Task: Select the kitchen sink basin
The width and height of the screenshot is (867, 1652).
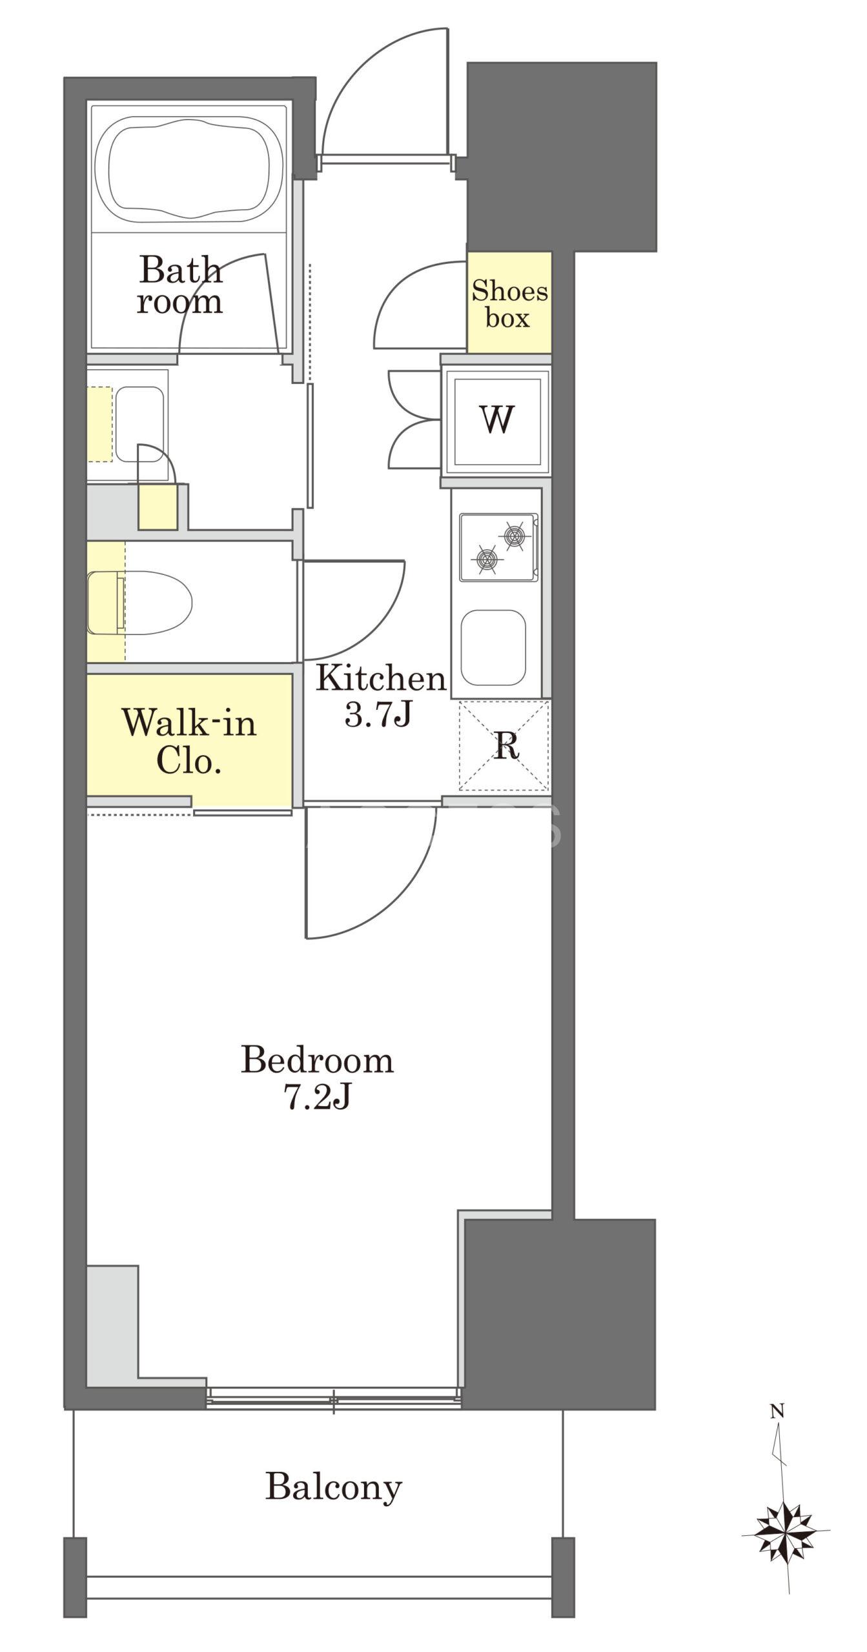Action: (494, 647)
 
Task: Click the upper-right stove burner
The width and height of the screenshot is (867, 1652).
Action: (514, 535)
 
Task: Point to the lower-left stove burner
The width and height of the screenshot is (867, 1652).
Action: (488, 559)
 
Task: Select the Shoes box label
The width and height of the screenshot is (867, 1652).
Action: (509, 304)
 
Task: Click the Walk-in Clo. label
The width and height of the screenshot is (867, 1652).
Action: (190, 741)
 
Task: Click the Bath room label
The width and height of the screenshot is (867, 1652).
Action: (180, 285)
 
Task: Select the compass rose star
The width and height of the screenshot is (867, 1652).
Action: (786, 1531)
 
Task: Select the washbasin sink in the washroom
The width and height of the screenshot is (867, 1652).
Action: (139, 424)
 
